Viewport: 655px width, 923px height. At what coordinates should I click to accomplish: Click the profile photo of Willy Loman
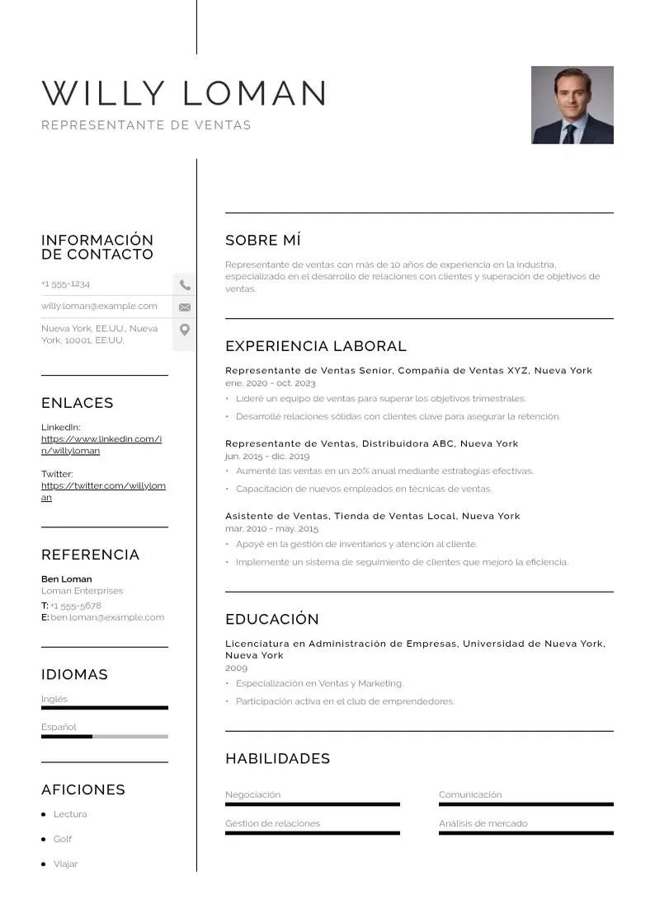(572, 105)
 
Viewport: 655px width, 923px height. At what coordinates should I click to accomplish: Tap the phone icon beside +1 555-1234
(185, 285)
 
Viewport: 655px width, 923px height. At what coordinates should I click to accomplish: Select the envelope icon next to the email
(185, 307)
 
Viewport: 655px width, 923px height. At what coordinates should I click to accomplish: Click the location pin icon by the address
(185, 330)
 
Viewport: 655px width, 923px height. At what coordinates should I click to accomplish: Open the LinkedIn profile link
(101, 445)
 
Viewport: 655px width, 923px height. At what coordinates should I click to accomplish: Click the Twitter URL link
(103, 492)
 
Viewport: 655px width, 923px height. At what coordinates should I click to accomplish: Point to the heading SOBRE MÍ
(263, 241)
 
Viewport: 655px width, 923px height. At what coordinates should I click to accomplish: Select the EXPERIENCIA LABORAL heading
(316, 346)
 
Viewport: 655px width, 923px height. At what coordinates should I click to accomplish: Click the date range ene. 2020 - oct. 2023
(271, 383)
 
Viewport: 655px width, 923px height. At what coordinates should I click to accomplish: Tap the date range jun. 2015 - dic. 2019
(267, 456)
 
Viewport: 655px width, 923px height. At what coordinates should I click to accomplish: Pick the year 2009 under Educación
(236, 668)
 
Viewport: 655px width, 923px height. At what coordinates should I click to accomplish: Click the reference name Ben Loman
(67, 579)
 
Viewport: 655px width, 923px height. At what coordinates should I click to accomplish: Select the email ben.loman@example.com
(107, 617)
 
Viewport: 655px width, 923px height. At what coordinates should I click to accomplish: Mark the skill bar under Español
(105, 736)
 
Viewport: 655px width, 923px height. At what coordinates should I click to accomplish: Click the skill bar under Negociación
(312, 804)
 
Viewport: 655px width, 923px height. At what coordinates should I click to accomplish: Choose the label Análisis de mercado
(483, 823)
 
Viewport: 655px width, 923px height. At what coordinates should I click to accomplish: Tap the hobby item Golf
(63, 839)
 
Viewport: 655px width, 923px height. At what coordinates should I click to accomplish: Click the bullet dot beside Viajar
(44, 864)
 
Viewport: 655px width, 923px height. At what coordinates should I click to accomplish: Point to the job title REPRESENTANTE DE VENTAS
(146, 125)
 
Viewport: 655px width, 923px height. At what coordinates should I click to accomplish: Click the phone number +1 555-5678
(76, 606)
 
